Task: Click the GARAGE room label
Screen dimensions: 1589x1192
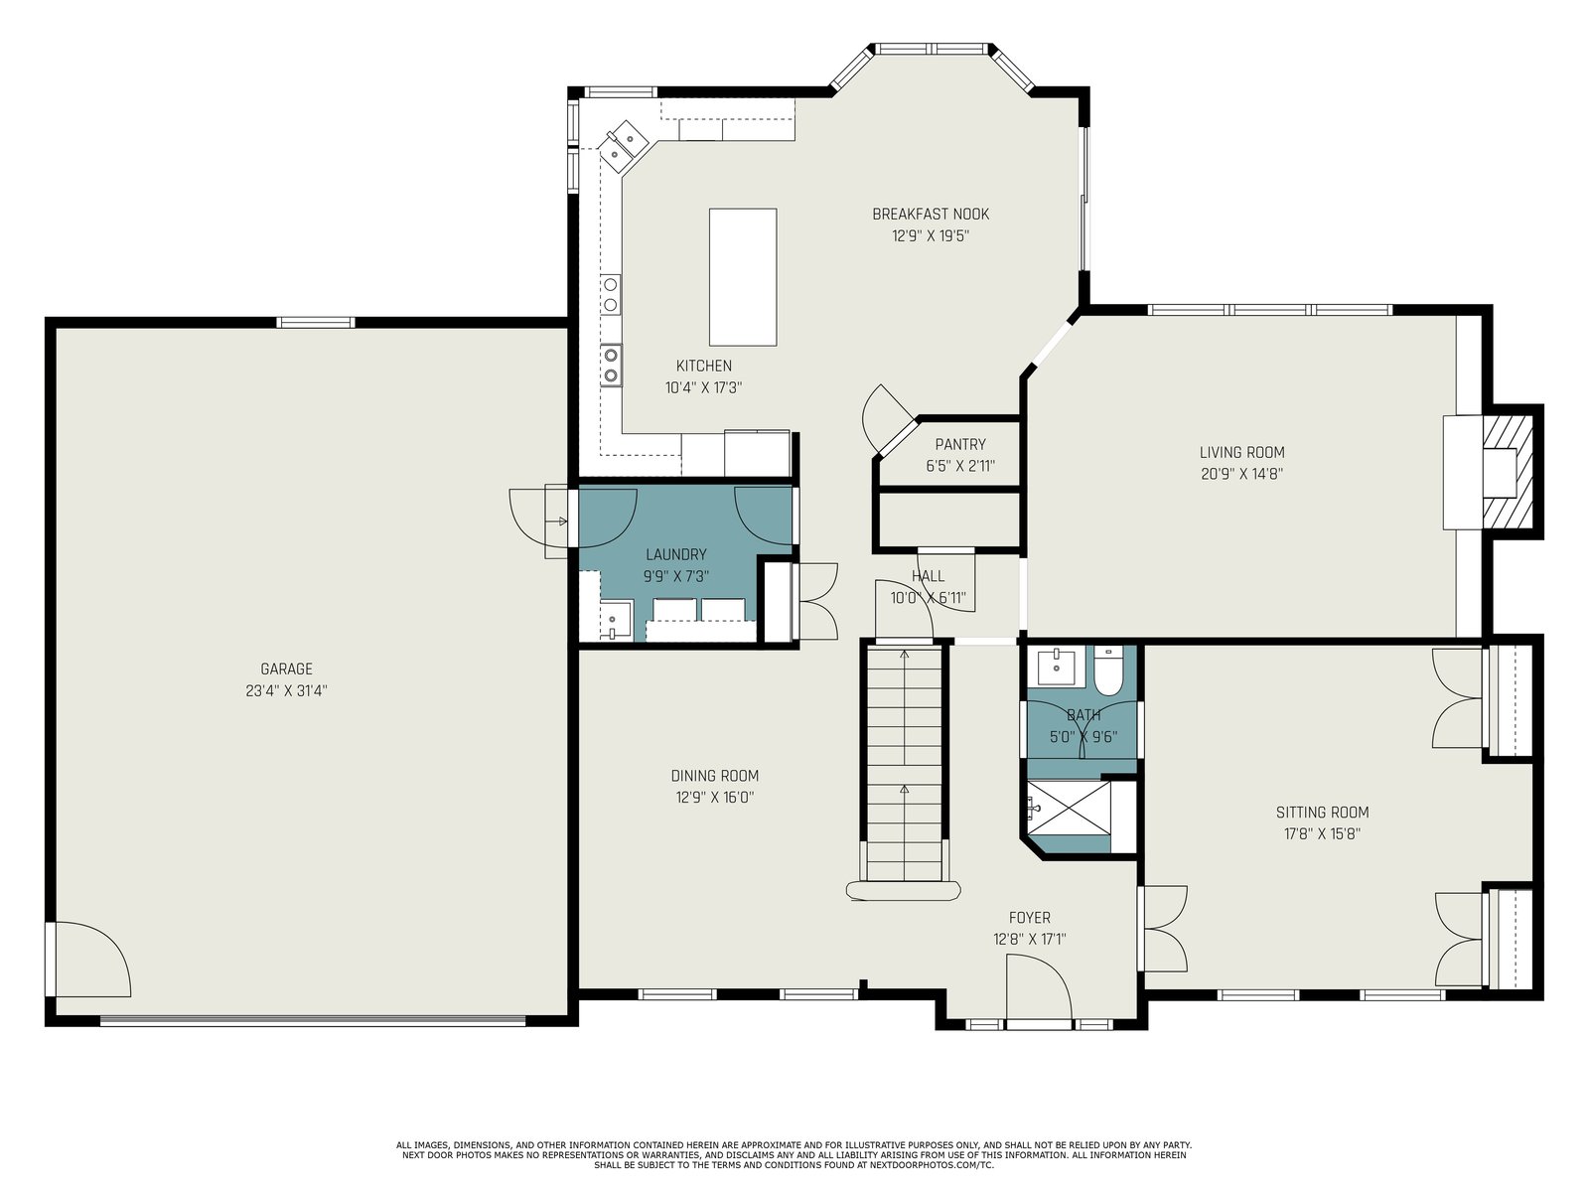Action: pos(286,669)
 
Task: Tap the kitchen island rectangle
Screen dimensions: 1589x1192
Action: pos(743,277)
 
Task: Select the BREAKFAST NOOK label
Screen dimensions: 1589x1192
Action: pos(931,215)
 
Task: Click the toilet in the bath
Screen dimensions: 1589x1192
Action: pos(1106,670)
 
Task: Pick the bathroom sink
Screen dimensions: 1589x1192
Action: pos(1057,667)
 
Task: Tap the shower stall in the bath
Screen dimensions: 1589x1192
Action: pos(1069,818)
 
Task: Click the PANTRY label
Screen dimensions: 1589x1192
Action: pos(960,444)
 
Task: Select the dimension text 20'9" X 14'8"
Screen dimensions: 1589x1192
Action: pos(1241,474)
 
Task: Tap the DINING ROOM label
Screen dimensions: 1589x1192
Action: pos(714,776)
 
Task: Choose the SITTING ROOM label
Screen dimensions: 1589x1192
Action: pos(1322,812)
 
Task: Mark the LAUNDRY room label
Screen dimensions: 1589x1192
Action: pos(675,554)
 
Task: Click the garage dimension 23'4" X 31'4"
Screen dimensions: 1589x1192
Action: pos(286,690)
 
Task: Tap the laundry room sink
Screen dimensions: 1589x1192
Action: pos(616,620)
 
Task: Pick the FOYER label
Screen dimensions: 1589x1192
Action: pos(1030,918)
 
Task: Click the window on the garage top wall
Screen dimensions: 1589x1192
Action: pos(316,323)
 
